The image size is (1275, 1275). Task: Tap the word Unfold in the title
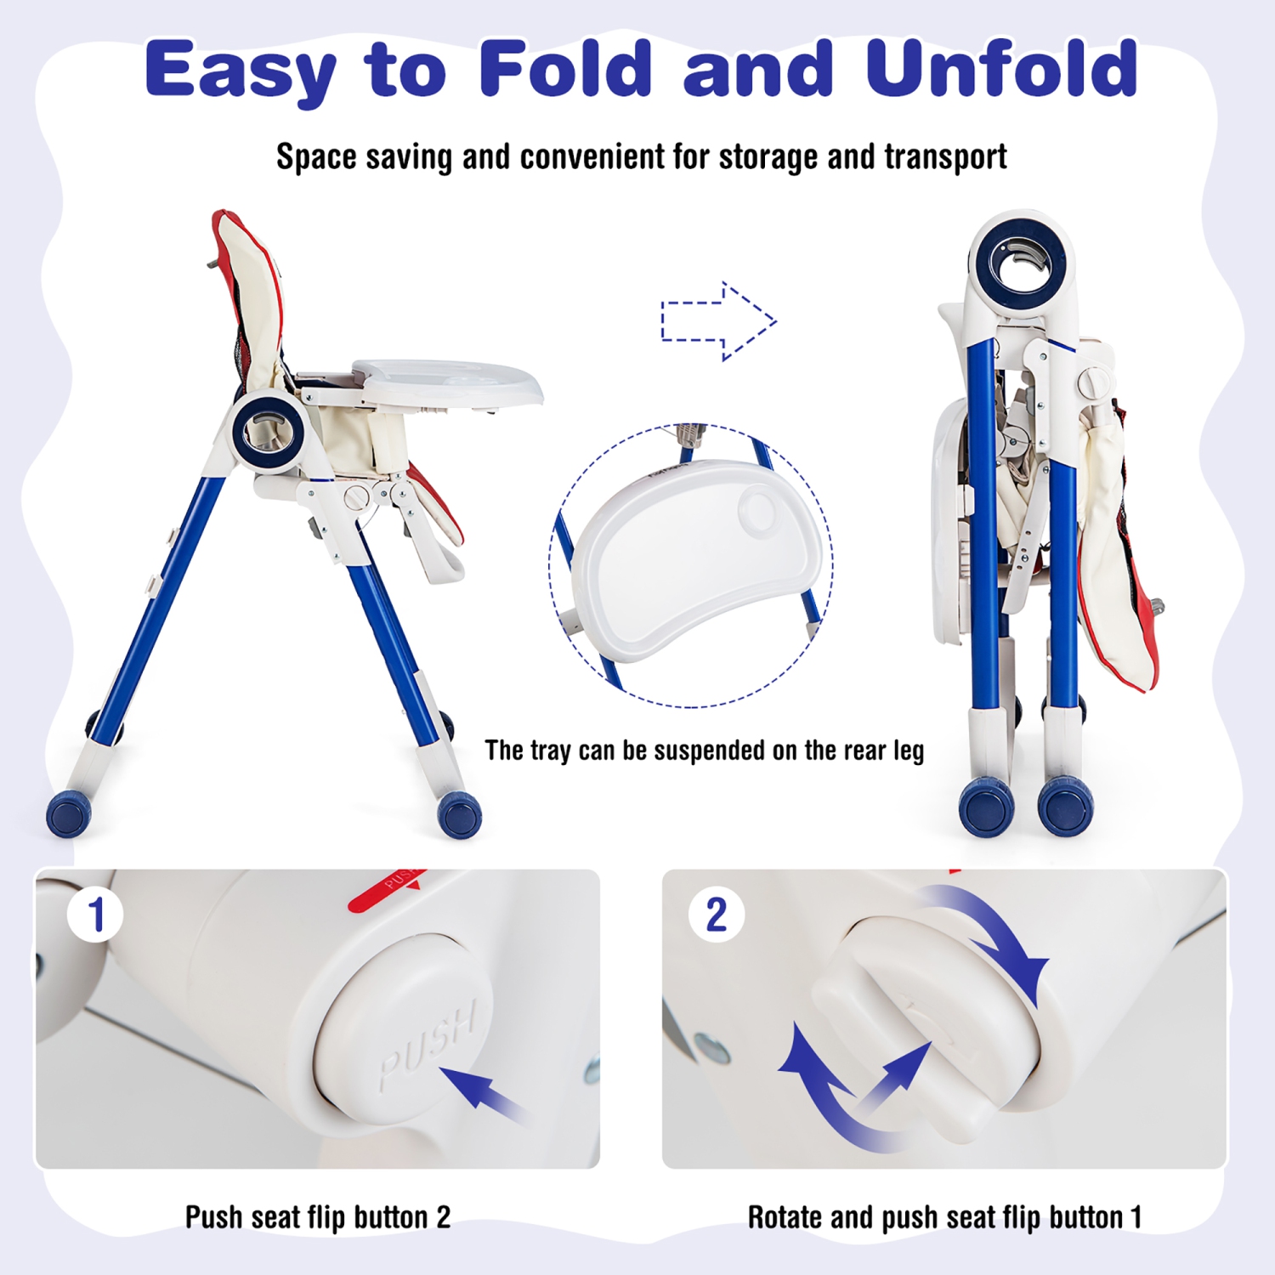pyautogui.click(x=1001, y=68)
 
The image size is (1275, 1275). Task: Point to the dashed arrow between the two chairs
pyautogui.click(x=718, y=321)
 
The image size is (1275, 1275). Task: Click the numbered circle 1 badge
pyautogui.click(x=95, y=915)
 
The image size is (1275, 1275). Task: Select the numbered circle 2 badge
pyautogui.click(x=717, y=915)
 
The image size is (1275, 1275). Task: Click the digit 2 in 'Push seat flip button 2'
pyautogui.click(x=443, y=1217)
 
